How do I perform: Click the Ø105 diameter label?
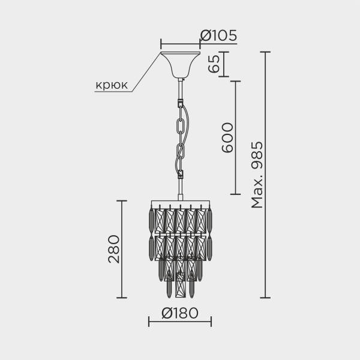coord(219,36)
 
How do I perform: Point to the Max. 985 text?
coord(257,174)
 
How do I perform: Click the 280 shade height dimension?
coord(113,249)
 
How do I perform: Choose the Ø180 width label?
coord(179,313)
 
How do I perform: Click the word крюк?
coord(112,85)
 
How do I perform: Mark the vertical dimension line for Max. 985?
coord(266,175)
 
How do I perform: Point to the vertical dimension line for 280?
coord(122,249)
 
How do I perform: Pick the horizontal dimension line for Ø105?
coord(180,44)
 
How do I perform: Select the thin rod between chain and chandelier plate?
coord(180,191)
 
